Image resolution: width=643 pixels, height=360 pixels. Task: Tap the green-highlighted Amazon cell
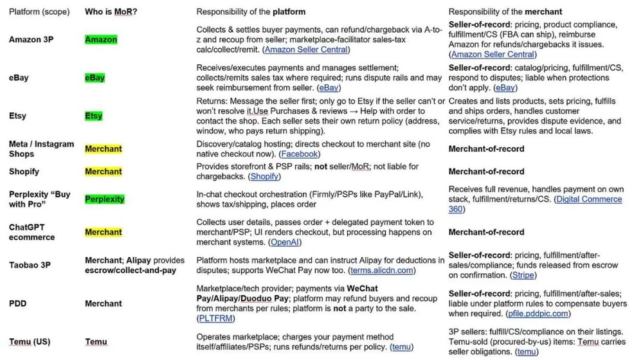[101, 40]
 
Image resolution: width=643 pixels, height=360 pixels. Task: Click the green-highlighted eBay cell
[95, 78]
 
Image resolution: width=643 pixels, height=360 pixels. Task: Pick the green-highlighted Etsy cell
[94, 116]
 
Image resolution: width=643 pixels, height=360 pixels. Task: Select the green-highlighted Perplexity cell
[105, 199]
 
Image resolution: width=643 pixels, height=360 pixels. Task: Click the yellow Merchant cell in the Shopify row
[104, 172]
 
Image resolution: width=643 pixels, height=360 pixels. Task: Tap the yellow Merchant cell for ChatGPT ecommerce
[104, 232]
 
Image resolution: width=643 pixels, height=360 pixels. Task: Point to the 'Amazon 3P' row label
[31, 40]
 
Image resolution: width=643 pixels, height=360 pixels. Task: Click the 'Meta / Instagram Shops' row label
[41, 148]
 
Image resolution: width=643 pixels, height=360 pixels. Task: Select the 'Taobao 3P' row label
[30, 265]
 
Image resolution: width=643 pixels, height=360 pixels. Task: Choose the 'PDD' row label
[18, 303]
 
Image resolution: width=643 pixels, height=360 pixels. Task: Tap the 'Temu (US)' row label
[30, 341]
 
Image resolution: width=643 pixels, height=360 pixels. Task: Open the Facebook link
[300, 154]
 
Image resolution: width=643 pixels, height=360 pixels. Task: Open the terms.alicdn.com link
[381, 271]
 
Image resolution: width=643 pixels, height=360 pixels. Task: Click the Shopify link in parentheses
[265, 177]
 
